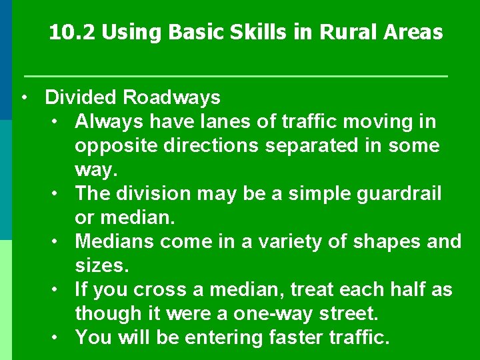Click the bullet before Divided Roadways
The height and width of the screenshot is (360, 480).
24,97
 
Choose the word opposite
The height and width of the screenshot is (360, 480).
117,146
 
